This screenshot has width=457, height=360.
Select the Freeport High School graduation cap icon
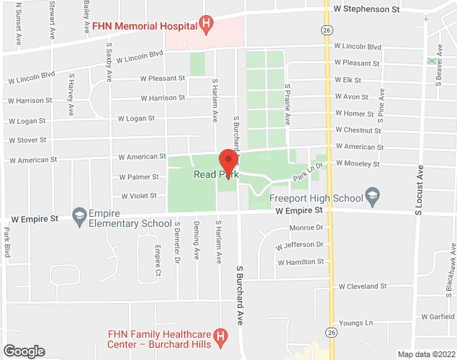[x=372, y=195]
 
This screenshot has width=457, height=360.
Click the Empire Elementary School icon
[x=78, y=215]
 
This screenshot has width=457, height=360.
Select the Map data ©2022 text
[x=425, y=354]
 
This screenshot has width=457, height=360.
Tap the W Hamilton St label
[x=301, y=262]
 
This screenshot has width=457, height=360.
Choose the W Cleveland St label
[x=363, y=286]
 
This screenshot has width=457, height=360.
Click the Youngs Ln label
[x=358, y=323]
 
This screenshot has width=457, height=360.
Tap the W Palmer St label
[x=138, y=176]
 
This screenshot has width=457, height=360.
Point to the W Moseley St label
[x=357, y=164]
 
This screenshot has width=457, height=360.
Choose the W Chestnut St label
[x=358, y=130]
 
